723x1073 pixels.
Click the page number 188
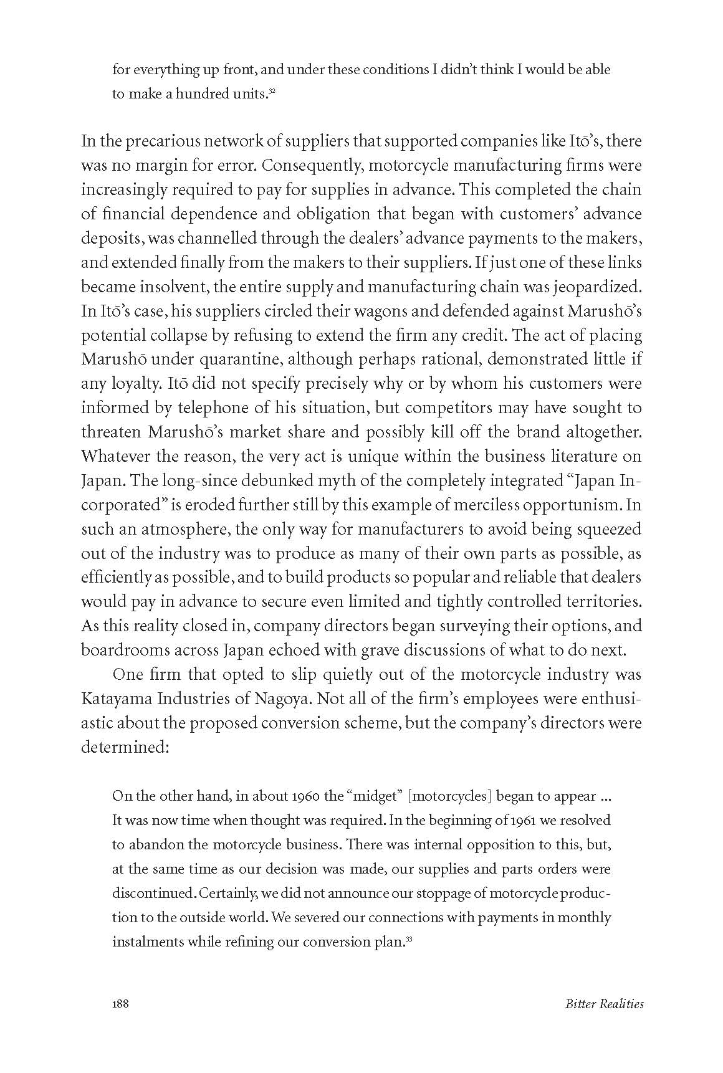point(120,1004)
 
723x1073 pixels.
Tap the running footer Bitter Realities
point(604,1004)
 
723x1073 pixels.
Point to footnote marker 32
point(272,92)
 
